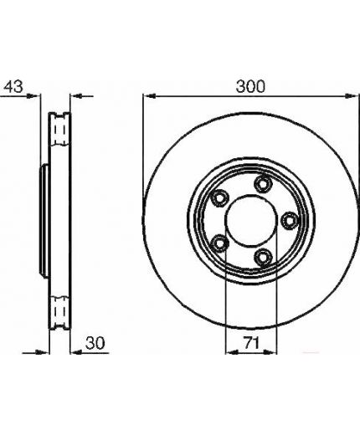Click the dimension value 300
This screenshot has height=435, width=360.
[x=250, y=86]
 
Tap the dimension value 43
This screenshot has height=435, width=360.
[x=13, y=86]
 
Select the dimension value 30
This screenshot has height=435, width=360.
[x=95, y=343]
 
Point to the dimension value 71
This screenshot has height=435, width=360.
[x=252, y=343]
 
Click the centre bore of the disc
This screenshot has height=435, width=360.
[x=251, y=221]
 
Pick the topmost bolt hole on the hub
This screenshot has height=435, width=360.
[x=263, y=184]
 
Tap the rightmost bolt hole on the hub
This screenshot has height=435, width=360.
[x=289, y=221]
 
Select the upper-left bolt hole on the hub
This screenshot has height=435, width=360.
[x=219, y=198]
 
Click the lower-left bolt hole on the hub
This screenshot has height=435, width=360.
[x=219, y=243]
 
